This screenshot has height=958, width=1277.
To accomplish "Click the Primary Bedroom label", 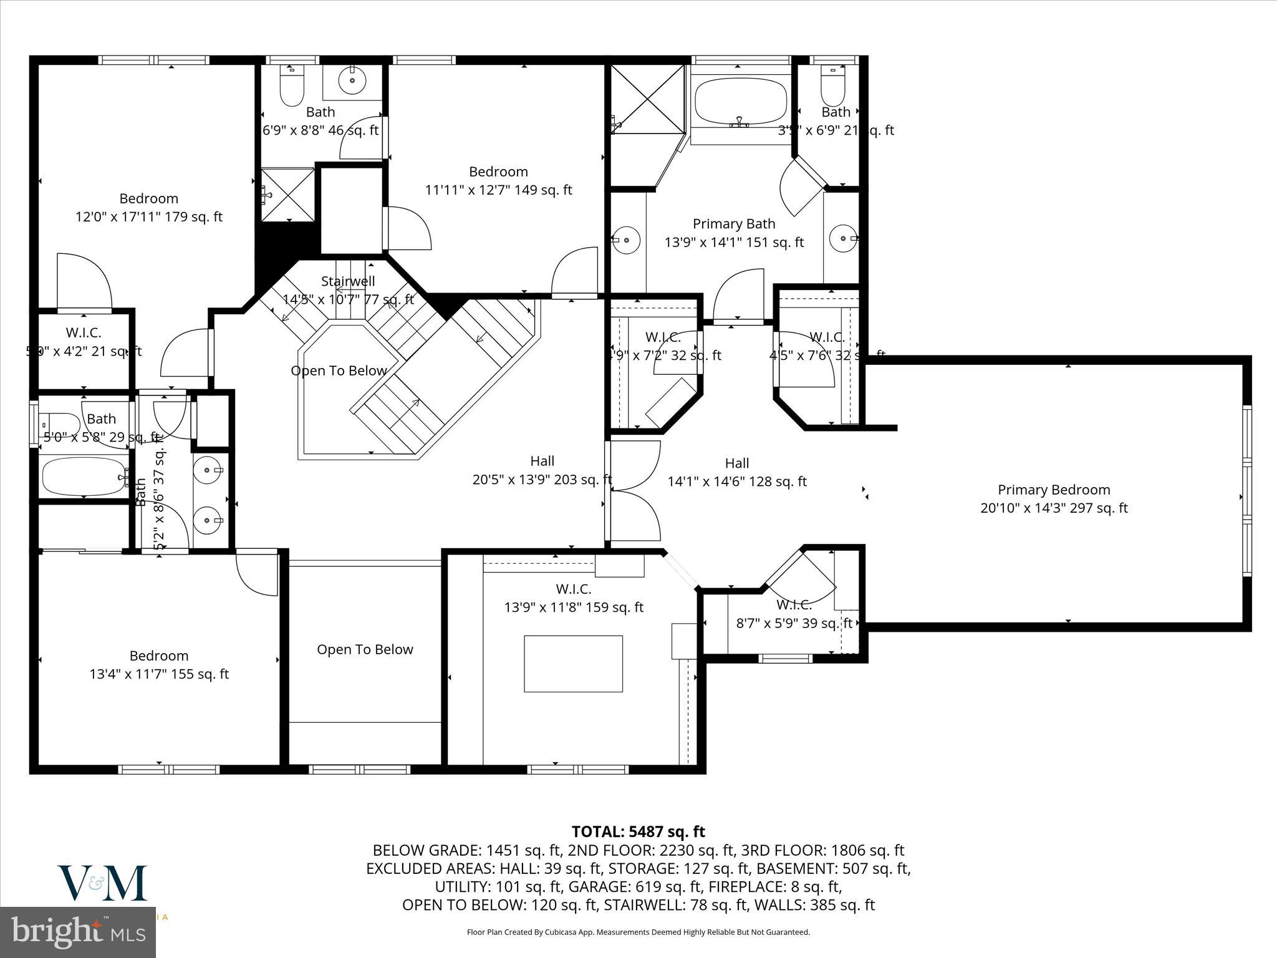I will click(x=1054, y=490).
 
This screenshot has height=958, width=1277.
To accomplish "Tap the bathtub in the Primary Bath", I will click(x=740, y=104).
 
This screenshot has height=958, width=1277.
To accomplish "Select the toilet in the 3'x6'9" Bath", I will click(x=832, y=87).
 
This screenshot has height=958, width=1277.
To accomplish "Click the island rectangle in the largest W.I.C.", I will click(x=573, y=664).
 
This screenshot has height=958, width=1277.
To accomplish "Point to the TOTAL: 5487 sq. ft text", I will click(x=638, y=831).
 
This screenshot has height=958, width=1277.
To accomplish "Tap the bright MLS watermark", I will click(x=78, y=932).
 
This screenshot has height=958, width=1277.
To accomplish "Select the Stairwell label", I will click(x=348, y=281).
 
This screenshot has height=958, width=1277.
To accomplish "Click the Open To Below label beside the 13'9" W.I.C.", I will click(x=365, y=649).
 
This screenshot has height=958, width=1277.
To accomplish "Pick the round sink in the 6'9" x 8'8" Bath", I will click(x=352, y=81).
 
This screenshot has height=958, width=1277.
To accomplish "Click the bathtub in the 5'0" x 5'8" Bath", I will click(x=84, y=477).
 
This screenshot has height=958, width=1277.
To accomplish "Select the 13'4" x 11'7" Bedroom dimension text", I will click(x=159, y=674).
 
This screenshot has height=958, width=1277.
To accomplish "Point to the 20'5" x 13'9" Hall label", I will click(x=542, y=470).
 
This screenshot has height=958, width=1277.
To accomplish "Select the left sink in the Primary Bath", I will click(x=625, y=239).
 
